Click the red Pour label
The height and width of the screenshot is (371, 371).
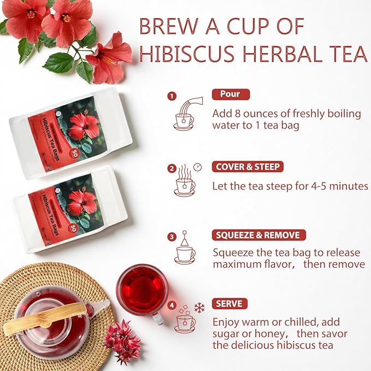point(230,94)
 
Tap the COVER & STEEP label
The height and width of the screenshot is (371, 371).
point(249,167)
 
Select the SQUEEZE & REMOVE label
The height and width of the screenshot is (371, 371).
point(258,235)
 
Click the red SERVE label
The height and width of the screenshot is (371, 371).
point(229,304)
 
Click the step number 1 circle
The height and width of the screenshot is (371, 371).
point(172,96)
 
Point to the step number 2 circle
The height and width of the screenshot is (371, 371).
point(172,168)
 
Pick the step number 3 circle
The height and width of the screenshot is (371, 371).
point(172,237)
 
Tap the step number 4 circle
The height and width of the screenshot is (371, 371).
point(172,305)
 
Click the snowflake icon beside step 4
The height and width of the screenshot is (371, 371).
point(199,308)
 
